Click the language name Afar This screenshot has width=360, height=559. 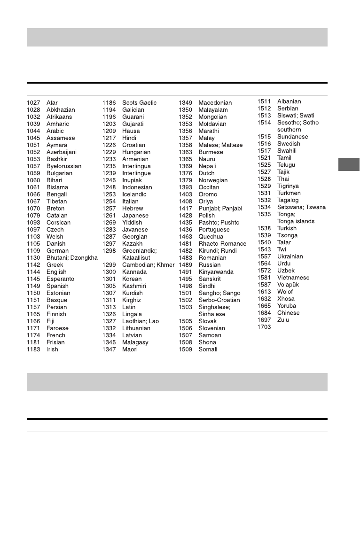(x=52, y=103)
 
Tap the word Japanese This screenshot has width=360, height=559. (x=136, y=216)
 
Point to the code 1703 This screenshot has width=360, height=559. (x=264, y=327)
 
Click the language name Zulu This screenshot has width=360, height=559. (x=283, y=320)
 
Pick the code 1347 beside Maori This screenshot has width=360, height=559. (x=109, y=349)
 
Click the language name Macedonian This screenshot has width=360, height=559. (x=215, y=103)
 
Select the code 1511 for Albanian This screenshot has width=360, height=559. (x=264, y=101)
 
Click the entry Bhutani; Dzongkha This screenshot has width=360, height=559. (x=72, y=258)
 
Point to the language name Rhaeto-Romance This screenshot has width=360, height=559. (x=222, y=244)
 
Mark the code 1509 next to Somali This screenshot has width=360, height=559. (x=186, y=349)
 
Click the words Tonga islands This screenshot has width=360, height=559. (x=296, y=221)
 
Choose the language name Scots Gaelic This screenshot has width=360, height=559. (x=139, y=103)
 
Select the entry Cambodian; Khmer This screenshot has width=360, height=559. (x=148, y=265)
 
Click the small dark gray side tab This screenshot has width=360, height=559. (x=348, y=165)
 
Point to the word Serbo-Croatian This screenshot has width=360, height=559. (x=219, y=300)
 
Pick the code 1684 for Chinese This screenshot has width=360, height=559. (x=264, y=313)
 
